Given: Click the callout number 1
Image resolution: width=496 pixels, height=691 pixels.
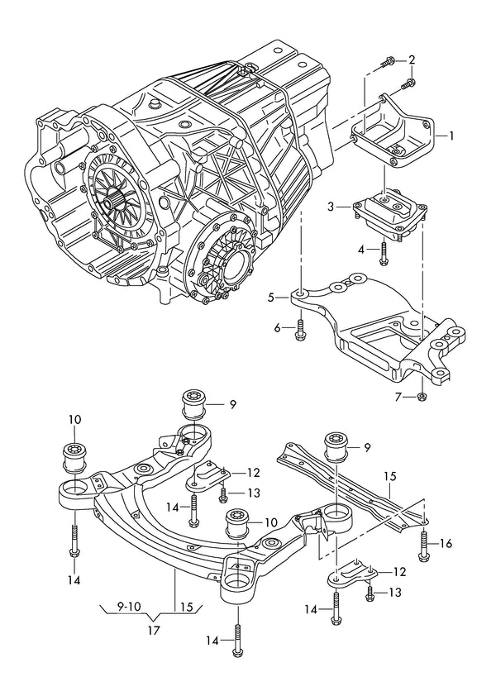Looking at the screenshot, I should point(452,135).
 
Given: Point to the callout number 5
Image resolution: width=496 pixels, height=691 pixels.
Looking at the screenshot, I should point(270,297).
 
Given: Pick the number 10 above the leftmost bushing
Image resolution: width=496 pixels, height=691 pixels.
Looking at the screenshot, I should point(75,419).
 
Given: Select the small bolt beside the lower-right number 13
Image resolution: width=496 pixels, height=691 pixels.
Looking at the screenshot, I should point(370,592).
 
